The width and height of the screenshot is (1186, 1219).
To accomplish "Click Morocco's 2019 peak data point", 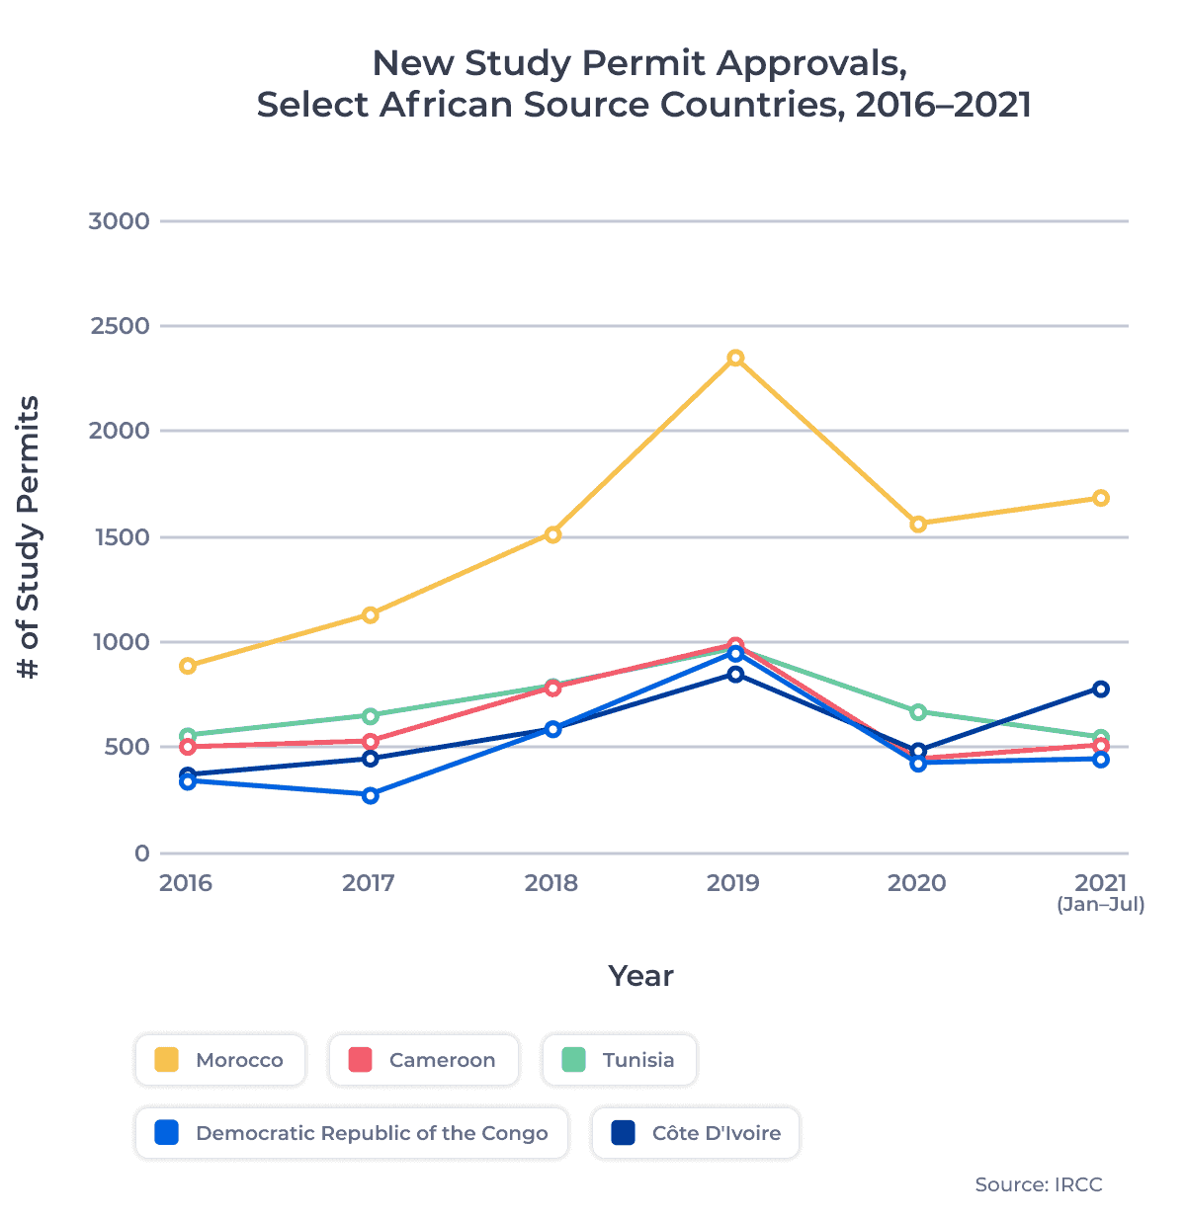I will (735, 358).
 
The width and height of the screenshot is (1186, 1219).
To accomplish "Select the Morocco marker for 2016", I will (188, 666).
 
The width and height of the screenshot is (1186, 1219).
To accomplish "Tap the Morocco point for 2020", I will (918, 524).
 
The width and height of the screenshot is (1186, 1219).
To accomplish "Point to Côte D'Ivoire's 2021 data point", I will (1100, 689).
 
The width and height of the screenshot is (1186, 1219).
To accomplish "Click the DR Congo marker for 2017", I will (371, 795).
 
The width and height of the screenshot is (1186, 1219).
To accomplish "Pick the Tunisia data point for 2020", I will (918, 711).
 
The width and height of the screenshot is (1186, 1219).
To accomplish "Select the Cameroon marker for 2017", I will (371, 741).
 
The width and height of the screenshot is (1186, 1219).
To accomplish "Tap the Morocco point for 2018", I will (552, 534).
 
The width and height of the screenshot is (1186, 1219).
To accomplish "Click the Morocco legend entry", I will (220, 1060).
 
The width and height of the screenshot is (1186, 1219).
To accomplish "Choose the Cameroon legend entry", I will (423, 1060).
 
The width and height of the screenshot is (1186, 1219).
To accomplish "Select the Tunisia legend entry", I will (620, 1060).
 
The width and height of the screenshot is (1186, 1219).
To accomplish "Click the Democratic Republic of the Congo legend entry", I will (352, 1133).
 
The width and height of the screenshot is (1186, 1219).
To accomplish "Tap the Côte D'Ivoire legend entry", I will (696, 1133).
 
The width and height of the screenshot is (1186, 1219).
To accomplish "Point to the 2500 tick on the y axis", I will (120, 326).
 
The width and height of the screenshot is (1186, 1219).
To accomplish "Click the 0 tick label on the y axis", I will (142, 853).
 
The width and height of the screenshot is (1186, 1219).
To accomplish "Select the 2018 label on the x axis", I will (551, 883).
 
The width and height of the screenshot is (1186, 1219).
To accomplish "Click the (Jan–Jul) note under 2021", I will (1100, 905).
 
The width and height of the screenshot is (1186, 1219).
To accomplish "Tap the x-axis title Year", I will (641, 976).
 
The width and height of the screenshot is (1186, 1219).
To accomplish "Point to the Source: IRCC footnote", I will (1038, 1184).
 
